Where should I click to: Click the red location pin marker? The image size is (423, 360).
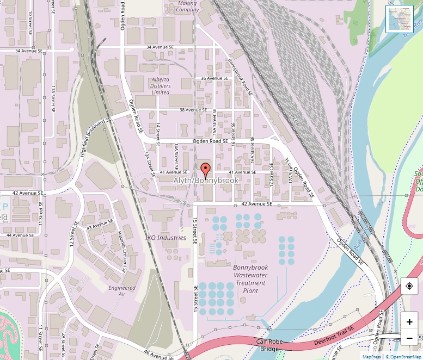pos(205,169)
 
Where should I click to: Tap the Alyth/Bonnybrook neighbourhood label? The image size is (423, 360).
pos(206,180)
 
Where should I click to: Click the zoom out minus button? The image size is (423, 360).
pos(409,338)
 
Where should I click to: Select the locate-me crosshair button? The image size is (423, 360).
pos(409,286)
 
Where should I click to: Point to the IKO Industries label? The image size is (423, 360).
pos(165,238)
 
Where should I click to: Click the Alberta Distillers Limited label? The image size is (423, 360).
pos(161,86)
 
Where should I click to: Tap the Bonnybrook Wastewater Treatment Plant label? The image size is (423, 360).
pos(250,279)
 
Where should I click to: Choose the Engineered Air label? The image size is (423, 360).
pos(121,291)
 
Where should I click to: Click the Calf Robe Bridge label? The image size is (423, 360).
pos(270,345)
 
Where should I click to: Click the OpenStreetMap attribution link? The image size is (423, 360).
pos(404,357)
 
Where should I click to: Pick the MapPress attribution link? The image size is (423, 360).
pos(372,357)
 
